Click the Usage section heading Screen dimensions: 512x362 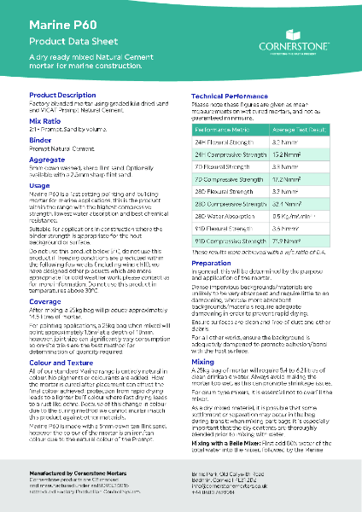[x=39, y=184]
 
